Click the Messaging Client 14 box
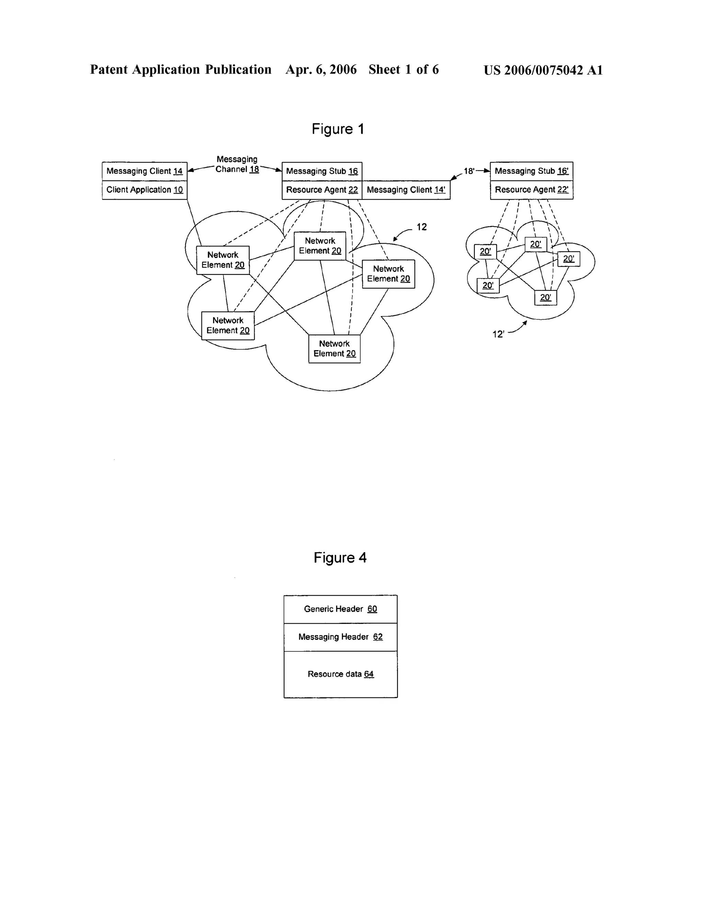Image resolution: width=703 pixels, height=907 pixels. tap(145, 171)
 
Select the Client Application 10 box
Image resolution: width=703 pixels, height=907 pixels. tap(145, 190)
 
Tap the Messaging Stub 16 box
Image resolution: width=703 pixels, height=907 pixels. tap(322, 171)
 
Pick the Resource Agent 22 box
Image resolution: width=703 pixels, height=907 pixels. tap(322, 190)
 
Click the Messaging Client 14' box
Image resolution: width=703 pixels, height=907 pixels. tap(406, 190)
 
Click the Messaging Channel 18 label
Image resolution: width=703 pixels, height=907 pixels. tap(237, 165)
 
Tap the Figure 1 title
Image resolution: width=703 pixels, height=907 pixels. tap(338, 129)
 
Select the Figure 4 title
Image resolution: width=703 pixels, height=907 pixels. tap(340, 558)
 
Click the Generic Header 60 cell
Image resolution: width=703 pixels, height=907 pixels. tap(340, 609)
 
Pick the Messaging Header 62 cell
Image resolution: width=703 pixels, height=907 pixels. tap(340, 637)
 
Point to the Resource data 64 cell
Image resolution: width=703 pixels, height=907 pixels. tap(340, 674)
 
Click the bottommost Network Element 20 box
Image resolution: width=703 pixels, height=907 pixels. tap(334, 349)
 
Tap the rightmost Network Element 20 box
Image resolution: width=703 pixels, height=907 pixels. tap(389, 274)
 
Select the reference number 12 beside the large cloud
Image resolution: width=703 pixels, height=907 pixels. tap(422, 227)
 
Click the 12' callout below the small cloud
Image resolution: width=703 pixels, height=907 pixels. tap(498, 334)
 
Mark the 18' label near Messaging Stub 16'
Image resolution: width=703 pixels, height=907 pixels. tap(469, 171)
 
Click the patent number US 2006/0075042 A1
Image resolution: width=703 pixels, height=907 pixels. tap(543, 70)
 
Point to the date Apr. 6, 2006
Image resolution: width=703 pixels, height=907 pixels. tap(321, 70)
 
